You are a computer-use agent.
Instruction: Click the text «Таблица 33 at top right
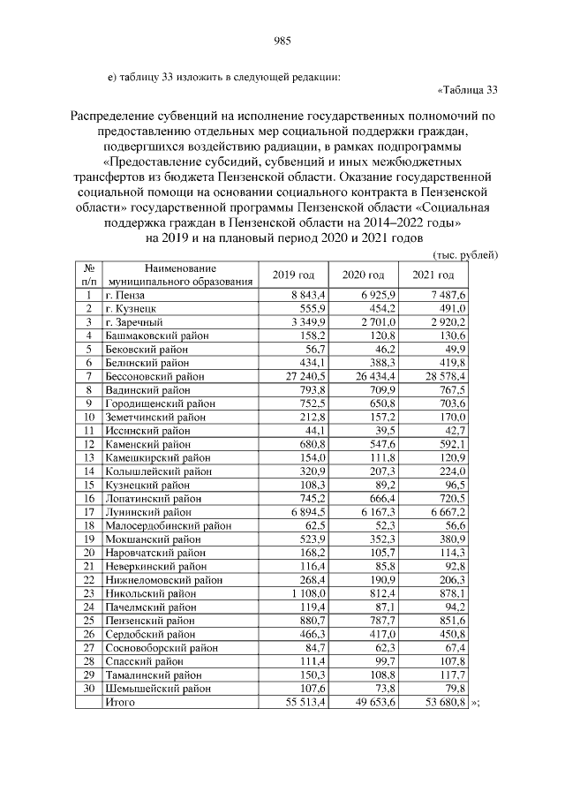(468, 89)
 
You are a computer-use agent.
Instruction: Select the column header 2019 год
(293, 275)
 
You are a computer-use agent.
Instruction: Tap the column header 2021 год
(433, 275)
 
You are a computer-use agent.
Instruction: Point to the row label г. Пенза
(124, 293)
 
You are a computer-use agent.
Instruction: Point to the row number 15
(89, 485)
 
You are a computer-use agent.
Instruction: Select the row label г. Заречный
(132, 322)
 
